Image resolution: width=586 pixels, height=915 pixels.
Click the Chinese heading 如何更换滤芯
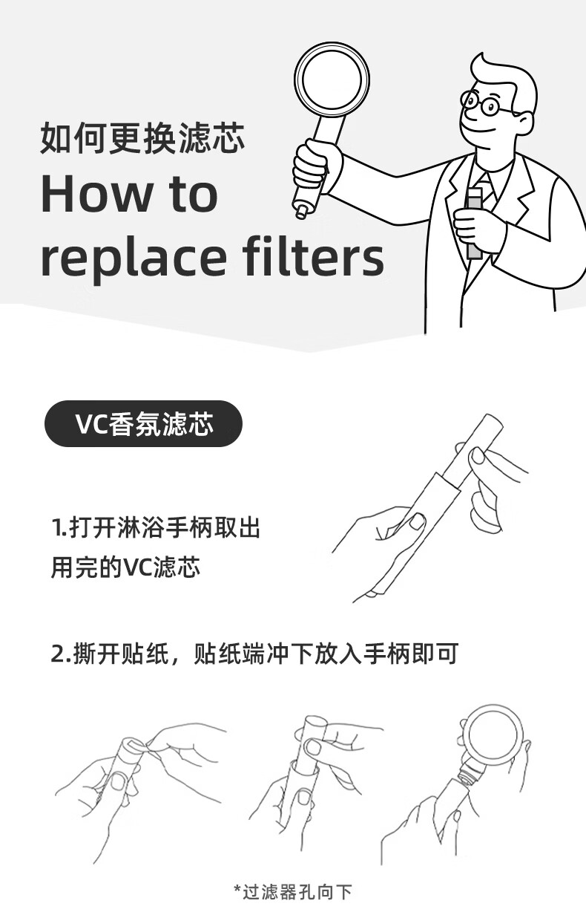142,137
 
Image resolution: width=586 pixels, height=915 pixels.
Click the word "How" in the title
96,194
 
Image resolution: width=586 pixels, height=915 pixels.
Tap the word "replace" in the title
134,258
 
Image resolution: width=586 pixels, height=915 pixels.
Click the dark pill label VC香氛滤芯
143,423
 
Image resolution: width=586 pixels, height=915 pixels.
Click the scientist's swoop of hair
502,71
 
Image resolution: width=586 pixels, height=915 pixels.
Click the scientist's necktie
487,188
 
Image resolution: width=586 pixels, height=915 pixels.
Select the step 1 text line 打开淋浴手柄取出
156,527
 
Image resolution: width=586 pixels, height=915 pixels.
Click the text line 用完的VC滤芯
125,567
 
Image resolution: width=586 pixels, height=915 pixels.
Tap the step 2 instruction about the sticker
254,654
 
